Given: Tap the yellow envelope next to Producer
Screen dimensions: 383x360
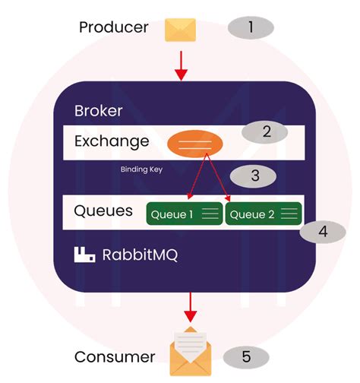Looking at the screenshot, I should [180, 30].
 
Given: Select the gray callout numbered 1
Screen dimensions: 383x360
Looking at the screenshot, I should [251, 28].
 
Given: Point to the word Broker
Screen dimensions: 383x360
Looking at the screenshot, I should [98, 111].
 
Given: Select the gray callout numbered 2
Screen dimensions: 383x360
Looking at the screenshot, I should [265, 132].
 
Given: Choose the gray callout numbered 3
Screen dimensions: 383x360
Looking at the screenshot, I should [254, 176].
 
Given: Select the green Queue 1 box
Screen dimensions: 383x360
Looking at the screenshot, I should [183, 214].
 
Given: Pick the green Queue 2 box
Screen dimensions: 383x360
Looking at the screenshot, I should [263, 214].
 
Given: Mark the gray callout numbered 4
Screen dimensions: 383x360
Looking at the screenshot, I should [323, 231].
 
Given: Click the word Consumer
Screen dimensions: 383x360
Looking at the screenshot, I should [115, 356].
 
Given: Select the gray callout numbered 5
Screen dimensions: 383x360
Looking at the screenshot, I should [245, 356].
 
